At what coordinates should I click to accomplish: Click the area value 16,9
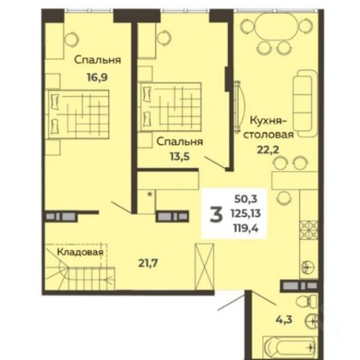click(x=97, y=78)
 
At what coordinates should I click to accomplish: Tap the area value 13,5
click(x=180, y=157)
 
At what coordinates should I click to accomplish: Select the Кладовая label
click(x=80, y=252)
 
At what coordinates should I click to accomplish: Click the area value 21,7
click(x=148, y=263)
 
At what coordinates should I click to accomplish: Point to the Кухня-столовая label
click(x=268, y=128)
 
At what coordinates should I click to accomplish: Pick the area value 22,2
click(x=268, y=150)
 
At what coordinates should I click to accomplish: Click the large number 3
click(x=216, y=215)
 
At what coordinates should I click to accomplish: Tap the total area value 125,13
click(x=246, y=213)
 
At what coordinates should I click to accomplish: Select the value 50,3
click(x=246, y=199)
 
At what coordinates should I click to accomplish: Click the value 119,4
click(x=246, y=229)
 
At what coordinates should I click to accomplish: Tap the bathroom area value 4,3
click(x=284, y=319)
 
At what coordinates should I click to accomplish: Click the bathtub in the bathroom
click(x=291, y=348)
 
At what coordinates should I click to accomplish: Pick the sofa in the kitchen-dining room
click(x=305, y=104)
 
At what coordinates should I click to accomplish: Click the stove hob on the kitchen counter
click(x=309, y=230)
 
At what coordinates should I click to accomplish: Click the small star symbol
click(x=150, y=195)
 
